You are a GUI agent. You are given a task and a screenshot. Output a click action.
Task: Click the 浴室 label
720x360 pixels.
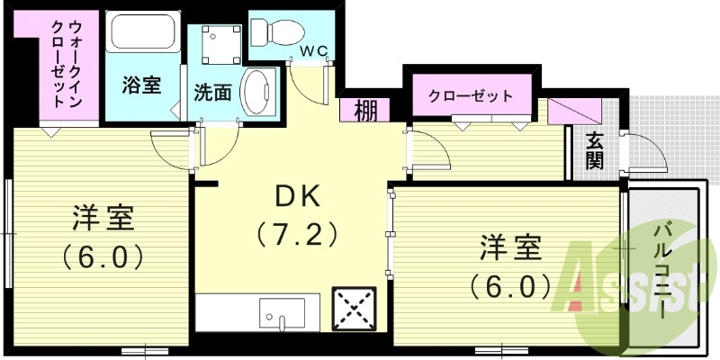pos(141,85)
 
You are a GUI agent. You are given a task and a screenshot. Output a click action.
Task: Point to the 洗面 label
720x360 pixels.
pos(213,93)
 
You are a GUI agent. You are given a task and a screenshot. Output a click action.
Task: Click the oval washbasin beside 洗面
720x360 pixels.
pos(259,93)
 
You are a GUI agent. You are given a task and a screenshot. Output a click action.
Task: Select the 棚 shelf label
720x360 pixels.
pos(365,111)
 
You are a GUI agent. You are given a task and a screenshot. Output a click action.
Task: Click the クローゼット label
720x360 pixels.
pos(470,95)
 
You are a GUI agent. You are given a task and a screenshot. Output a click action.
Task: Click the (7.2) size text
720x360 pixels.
pos(297,235)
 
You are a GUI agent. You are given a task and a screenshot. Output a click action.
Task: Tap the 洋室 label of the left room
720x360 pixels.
pos(103,218)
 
